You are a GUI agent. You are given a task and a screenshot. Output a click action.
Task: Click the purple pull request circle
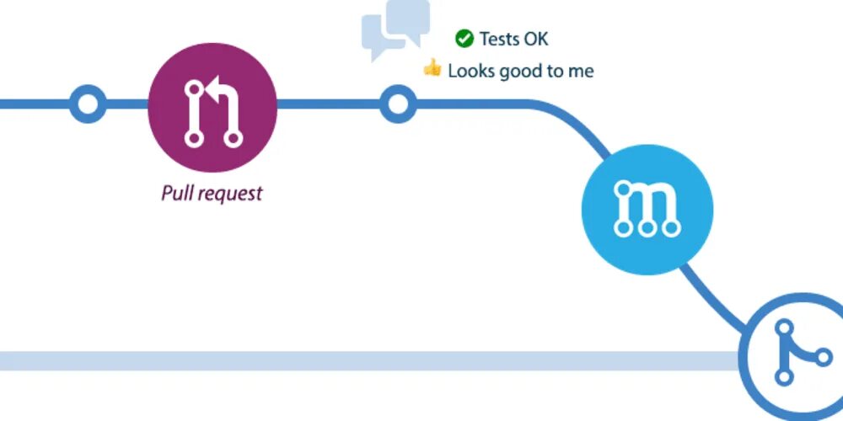tap(212, 105)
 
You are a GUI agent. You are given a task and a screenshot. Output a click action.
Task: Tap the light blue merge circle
tap(647, 209)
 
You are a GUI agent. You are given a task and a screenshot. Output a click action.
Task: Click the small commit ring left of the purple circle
tap(87, 105)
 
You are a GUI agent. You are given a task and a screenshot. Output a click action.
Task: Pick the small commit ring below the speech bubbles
tap(397, 105)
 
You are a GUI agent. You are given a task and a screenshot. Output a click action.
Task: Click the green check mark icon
tap(464, 38)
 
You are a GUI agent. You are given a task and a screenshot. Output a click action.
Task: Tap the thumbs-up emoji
tap(432, 68)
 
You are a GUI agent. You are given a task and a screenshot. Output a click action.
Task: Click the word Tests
tap(499, 39)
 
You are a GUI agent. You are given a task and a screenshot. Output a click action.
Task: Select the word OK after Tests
tap(536, 39)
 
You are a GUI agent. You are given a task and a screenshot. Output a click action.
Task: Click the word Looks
tap(470, 71)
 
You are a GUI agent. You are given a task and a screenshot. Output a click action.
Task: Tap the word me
tap(581, 71)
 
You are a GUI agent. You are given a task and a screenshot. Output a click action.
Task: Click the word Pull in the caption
tap(175, 193)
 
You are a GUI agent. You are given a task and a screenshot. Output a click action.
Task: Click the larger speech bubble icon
tap(407, 20)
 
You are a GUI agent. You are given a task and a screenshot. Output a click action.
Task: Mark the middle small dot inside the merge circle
tap(647, 227)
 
